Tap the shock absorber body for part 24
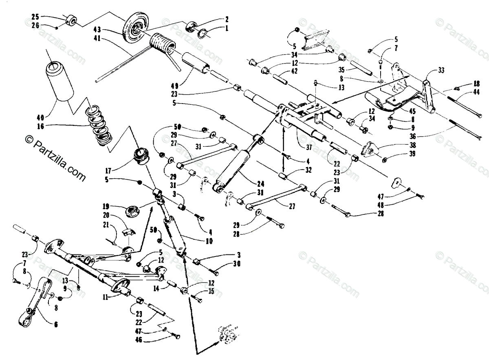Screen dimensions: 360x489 [x=232, y=169]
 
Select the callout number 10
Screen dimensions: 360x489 [x=210, y=241]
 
